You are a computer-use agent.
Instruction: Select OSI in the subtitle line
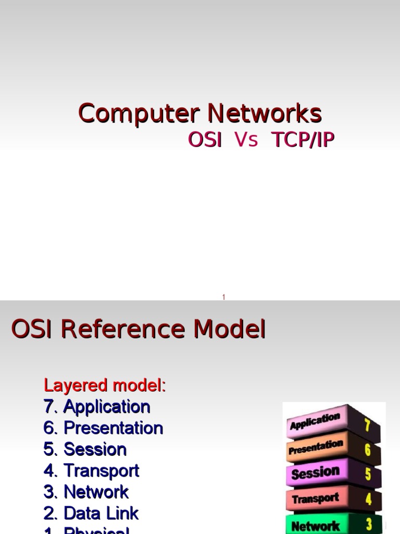click(205, 140)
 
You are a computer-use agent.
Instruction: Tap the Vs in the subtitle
click(246, 140)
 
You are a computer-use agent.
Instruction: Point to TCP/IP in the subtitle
click(303, 140)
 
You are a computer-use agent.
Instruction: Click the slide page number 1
click(223, 297)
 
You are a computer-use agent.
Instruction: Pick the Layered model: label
click(105, 386)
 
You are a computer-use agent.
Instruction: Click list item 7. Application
click(97, 407)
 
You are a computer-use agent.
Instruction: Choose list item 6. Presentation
click(103, 428)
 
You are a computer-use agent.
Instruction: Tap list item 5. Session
click(85, 450)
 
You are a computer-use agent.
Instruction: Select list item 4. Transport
click(91, 471)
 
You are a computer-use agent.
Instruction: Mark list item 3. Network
click(86, 492)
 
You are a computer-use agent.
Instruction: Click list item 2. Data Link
click(91, 513)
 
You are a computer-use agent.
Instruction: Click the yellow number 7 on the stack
click(367, 426)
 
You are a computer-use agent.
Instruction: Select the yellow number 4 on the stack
click(368, 499)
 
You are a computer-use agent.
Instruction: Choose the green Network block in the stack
click(315, 526)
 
